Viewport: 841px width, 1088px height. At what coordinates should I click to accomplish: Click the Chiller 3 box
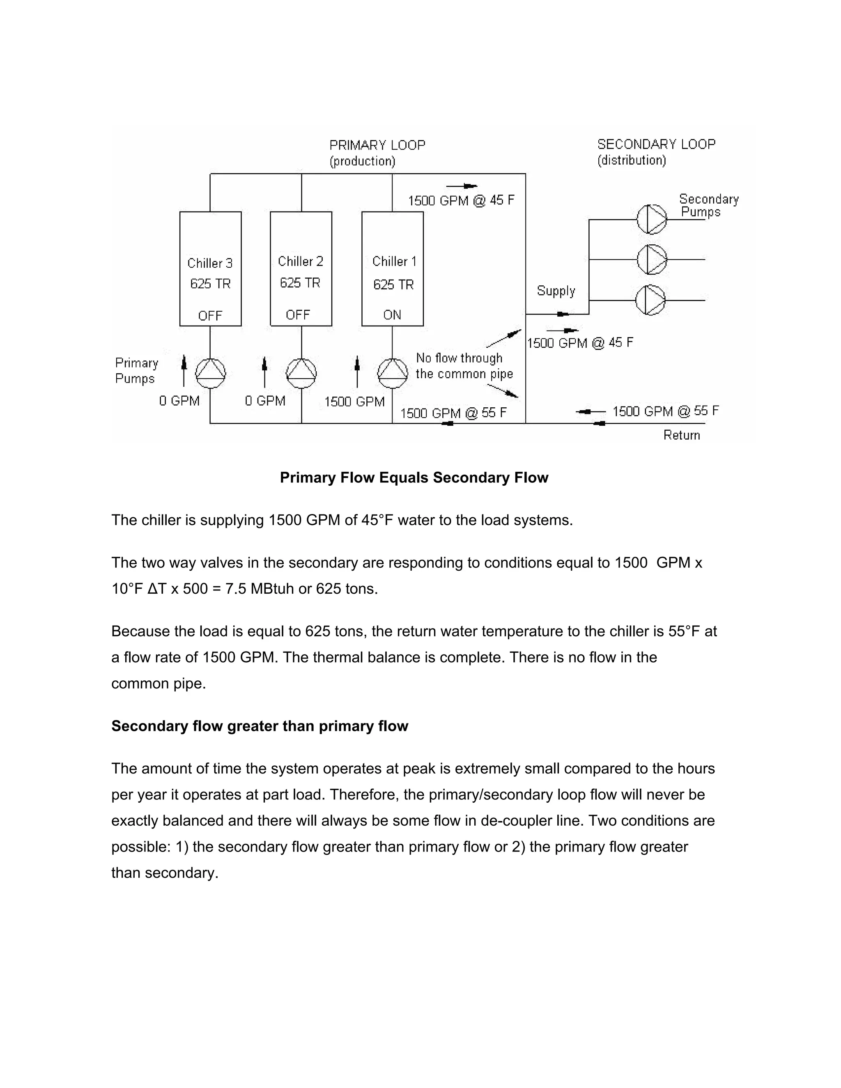point(210,269)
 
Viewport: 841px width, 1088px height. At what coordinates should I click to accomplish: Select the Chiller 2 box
point(301,269)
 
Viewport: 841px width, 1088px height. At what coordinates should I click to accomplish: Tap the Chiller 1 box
point(393,269)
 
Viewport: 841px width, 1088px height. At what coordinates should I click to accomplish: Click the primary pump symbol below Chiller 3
point(210,373)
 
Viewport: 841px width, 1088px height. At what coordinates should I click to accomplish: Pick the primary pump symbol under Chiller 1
point(393,373)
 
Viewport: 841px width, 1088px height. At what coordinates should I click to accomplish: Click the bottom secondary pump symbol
point(651,300)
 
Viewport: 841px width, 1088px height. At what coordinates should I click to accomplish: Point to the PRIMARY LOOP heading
point(377,145)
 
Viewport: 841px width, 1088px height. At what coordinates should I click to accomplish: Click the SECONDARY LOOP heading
point(656,145)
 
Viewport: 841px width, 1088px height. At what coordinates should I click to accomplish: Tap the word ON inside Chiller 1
point(392,315)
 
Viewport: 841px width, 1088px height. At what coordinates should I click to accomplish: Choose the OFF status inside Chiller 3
point(210,316)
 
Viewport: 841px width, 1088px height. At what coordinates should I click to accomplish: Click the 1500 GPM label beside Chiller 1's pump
point(354,402)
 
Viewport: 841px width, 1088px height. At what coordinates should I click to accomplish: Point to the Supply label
point(556,291)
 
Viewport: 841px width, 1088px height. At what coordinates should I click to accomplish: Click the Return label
point(682,435)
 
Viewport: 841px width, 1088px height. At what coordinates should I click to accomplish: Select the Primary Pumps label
point(136,371)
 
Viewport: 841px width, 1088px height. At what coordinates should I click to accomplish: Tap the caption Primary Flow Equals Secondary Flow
point(414,478)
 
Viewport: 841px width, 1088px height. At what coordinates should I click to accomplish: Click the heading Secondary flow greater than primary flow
point(260,726)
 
